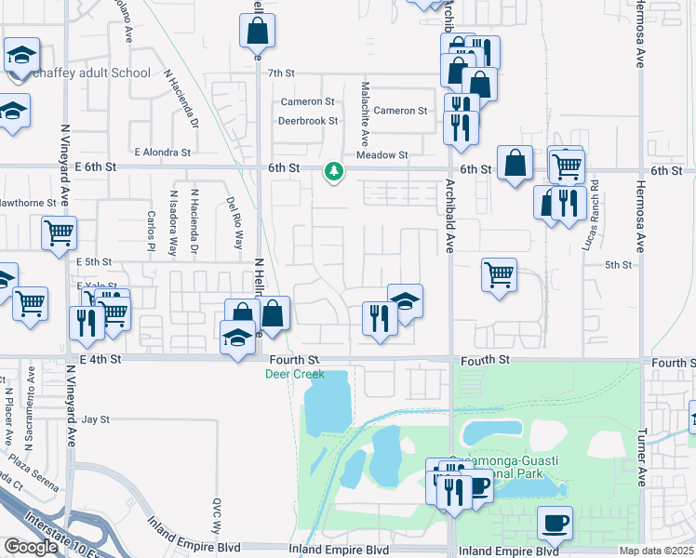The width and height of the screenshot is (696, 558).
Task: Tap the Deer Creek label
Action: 295,374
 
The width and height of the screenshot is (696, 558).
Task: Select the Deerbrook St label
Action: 308,121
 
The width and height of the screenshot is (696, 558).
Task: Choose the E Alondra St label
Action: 162,152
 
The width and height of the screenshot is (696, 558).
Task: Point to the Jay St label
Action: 96,419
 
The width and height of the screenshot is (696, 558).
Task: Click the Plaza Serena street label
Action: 36,468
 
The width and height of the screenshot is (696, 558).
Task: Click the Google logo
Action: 31,547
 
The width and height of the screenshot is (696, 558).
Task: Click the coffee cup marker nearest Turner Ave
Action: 555,524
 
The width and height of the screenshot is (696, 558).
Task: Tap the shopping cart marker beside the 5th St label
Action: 500,275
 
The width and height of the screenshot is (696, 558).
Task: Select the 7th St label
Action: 280,73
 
